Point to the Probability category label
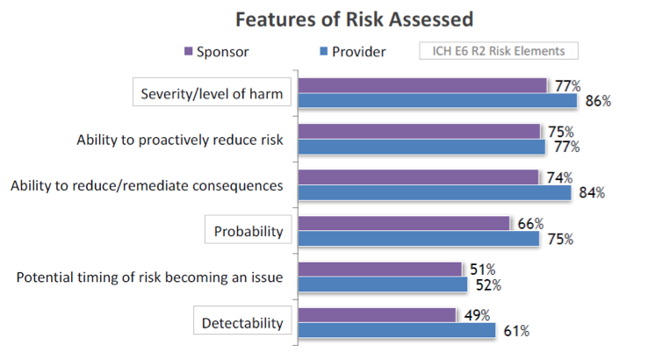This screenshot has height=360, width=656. (x=249, y=232)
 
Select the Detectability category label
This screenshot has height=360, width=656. (x=242, y=322)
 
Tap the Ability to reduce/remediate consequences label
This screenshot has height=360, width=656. (x=146, y=185)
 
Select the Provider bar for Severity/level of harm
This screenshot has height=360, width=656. (x=437, y=101)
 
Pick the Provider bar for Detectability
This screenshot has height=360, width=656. (x=397, y=330)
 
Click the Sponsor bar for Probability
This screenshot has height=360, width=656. (x=405, y=223)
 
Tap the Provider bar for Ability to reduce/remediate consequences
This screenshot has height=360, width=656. (x=435, y=192)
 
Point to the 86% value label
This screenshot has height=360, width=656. (x=598, y=101)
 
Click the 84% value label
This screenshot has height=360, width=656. (x=592, y=193)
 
